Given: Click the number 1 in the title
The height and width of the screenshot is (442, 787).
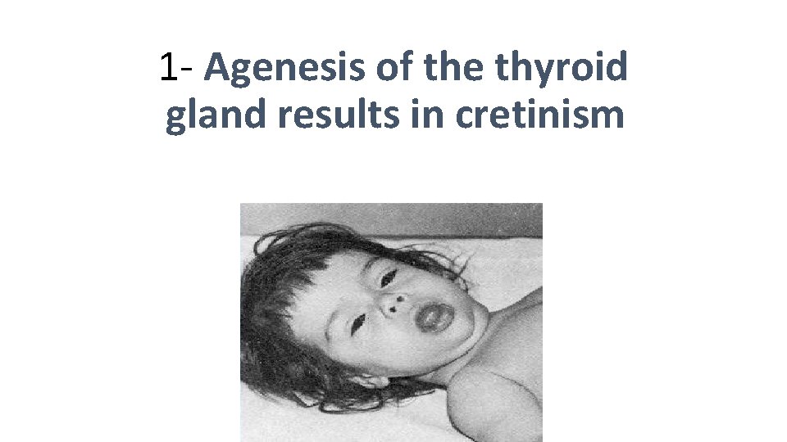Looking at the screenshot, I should pos(169,68).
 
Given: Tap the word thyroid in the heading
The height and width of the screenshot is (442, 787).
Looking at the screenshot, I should pos(562,68).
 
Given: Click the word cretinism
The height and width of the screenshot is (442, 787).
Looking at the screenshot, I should pos(539,115).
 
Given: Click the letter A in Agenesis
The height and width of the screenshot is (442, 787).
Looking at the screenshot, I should pos(218,68).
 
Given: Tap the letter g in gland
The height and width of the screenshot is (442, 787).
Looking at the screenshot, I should pos(175,119).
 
